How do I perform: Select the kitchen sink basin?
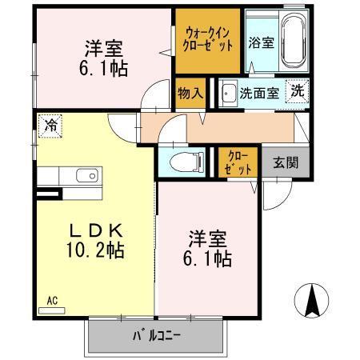86,175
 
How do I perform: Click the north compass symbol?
312,302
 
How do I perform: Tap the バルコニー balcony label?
157,336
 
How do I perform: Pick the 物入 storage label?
190,92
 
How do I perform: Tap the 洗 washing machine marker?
297,91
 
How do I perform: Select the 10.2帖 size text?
94,250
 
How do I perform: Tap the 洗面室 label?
260,92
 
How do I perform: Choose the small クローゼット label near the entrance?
238,162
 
